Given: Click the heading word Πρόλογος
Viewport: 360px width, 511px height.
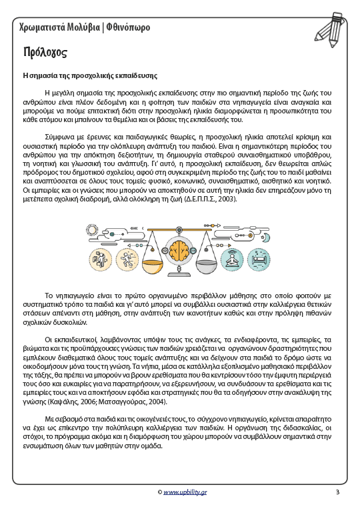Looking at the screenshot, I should point(47,52).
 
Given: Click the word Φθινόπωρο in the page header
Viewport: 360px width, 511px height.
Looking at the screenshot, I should point(128,27).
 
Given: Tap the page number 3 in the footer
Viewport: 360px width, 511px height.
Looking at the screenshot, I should point(337,492).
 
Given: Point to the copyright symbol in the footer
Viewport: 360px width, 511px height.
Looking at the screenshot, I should point(160,493).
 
